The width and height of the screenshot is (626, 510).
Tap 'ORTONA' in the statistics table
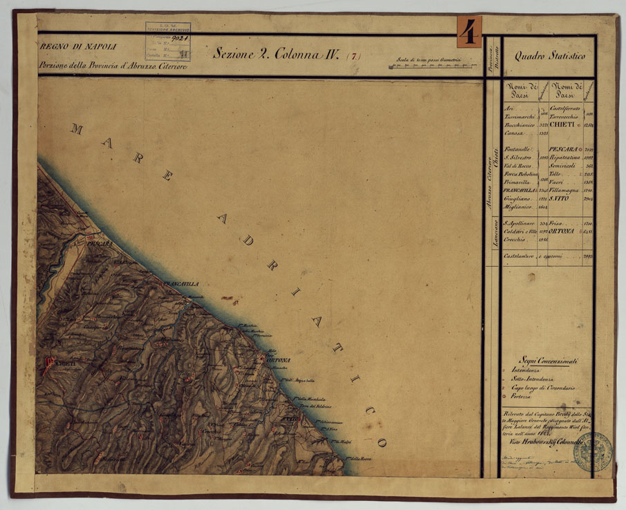[x=564, y=232]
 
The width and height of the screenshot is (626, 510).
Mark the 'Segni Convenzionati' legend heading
[x=550, y=361]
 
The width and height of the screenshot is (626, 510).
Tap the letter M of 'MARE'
[x=77, y=129]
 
